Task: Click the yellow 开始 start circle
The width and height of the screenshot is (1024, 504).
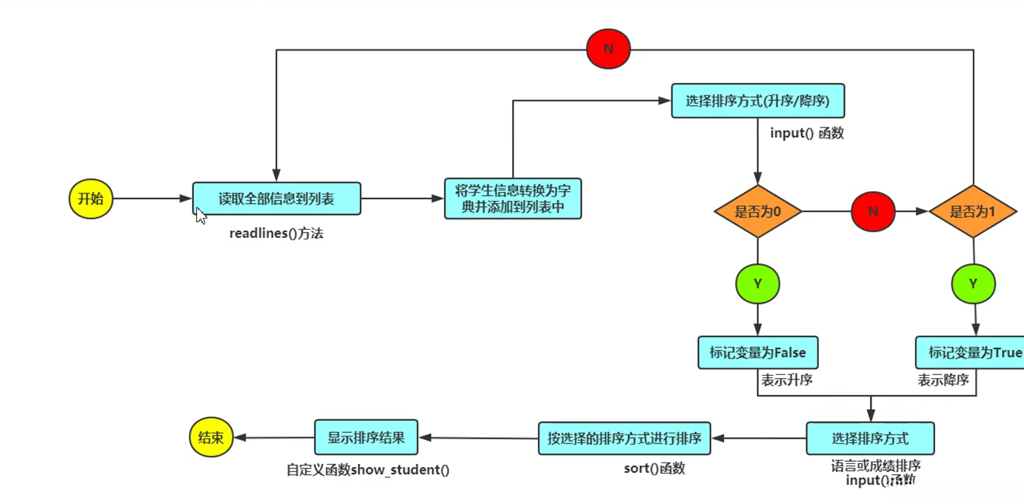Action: click(x=90, y=199)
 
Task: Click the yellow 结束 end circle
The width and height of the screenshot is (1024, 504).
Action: click(x=211, y=437)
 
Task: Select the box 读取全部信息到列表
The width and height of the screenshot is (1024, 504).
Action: click(x=276, y=199)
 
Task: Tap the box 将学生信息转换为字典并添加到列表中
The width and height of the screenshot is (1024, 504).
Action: click(x=513, y=199)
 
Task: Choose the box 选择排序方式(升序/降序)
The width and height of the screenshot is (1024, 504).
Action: click(x=757, y=101)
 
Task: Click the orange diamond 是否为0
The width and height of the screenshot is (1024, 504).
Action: click(x=757, y=212)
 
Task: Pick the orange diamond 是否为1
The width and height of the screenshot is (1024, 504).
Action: click(x=973, y=212)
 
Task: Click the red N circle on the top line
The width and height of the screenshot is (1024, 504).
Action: click(x=608, y=49)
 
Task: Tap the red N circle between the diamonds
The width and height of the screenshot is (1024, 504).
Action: click(x=873, y=211)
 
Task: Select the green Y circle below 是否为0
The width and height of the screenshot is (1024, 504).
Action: click(x=757, y=283)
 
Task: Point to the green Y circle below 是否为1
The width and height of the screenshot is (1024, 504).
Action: click(x=973, y=283)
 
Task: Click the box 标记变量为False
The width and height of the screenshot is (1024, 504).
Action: click(x=757, y=353)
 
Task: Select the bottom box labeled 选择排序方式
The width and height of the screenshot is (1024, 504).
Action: click(x=870, y=438)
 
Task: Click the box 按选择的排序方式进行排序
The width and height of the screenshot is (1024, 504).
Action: click(x=624, y=438)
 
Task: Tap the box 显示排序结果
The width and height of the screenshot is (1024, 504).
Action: click(x=366, y=437)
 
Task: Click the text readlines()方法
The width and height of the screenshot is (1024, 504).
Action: click(x=276, y=233)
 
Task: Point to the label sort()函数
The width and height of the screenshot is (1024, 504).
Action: click(x=654, y=468)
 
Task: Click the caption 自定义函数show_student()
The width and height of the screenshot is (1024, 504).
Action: click(x=368, y=469)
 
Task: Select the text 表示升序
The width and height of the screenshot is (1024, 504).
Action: click(x=787, y=380)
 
